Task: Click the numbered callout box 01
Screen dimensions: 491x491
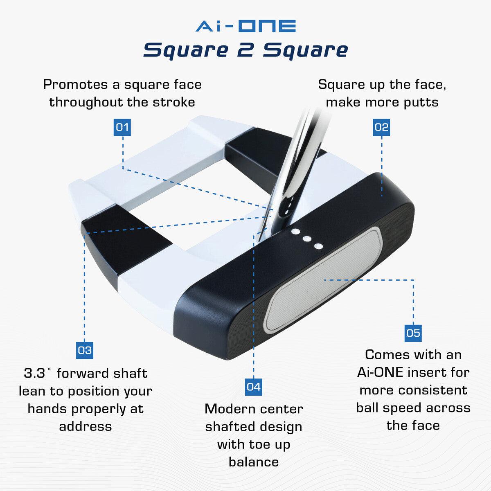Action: tap(122, 127)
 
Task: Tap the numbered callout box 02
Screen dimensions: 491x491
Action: tap(381, 127)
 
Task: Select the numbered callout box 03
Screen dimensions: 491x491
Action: tap(85, 350)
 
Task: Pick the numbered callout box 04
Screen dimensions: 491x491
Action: tap(253, 387)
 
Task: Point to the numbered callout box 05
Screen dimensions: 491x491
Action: tap(413, 333)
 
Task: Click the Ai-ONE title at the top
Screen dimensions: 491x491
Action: tap(245, 26)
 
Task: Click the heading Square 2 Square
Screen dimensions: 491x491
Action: tap(245, 50)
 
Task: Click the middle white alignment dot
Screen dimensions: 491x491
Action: tap(306, 239)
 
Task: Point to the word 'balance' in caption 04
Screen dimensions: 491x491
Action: tap(254, 462)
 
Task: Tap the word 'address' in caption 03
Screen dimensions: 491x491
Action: tap(86, 426)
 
